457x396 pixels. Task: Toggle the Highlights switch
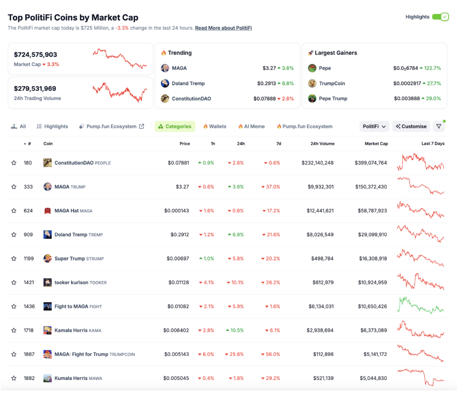click(x=440, y=17)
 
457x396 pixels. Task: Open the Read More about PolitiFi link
click(x=223, y=28)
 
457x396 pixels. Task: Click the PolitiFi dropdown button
click(x=374, y=126)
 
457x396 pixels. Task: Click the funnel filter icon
click(x=439, y=126)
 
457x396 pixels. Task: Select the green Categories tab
click(x=175, y=126)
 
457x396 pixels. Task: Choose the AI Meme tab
click(x=251, y=126)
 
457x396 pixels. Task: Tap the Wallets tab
click(x=215, y=126)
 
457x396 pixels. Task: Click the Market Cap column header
click(x=376, y=144)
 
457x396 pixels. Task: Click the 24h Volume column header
click(x=322, y=144)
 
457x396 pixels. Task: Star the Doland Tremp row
click(x=14, y=235)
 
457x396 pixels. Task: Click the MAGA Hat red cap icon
click(x=47, y=211)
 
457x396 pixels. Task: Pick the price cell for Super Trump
click(x=178, y=258)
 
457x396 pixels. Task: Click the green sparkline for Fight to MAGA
click(x=420, y=306)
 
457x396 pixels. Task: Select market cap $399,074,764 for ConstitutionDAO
click(x=371, y=163)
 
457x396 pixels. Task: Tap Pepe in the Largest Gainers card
click(x=325, y=68)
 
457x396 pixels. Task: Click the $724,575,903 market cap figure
click(x=36, y=54)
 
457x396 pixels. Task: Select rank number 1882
click(x=29, y=378)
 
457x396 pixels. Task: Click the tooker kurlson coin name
click(x=71, y=282)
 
